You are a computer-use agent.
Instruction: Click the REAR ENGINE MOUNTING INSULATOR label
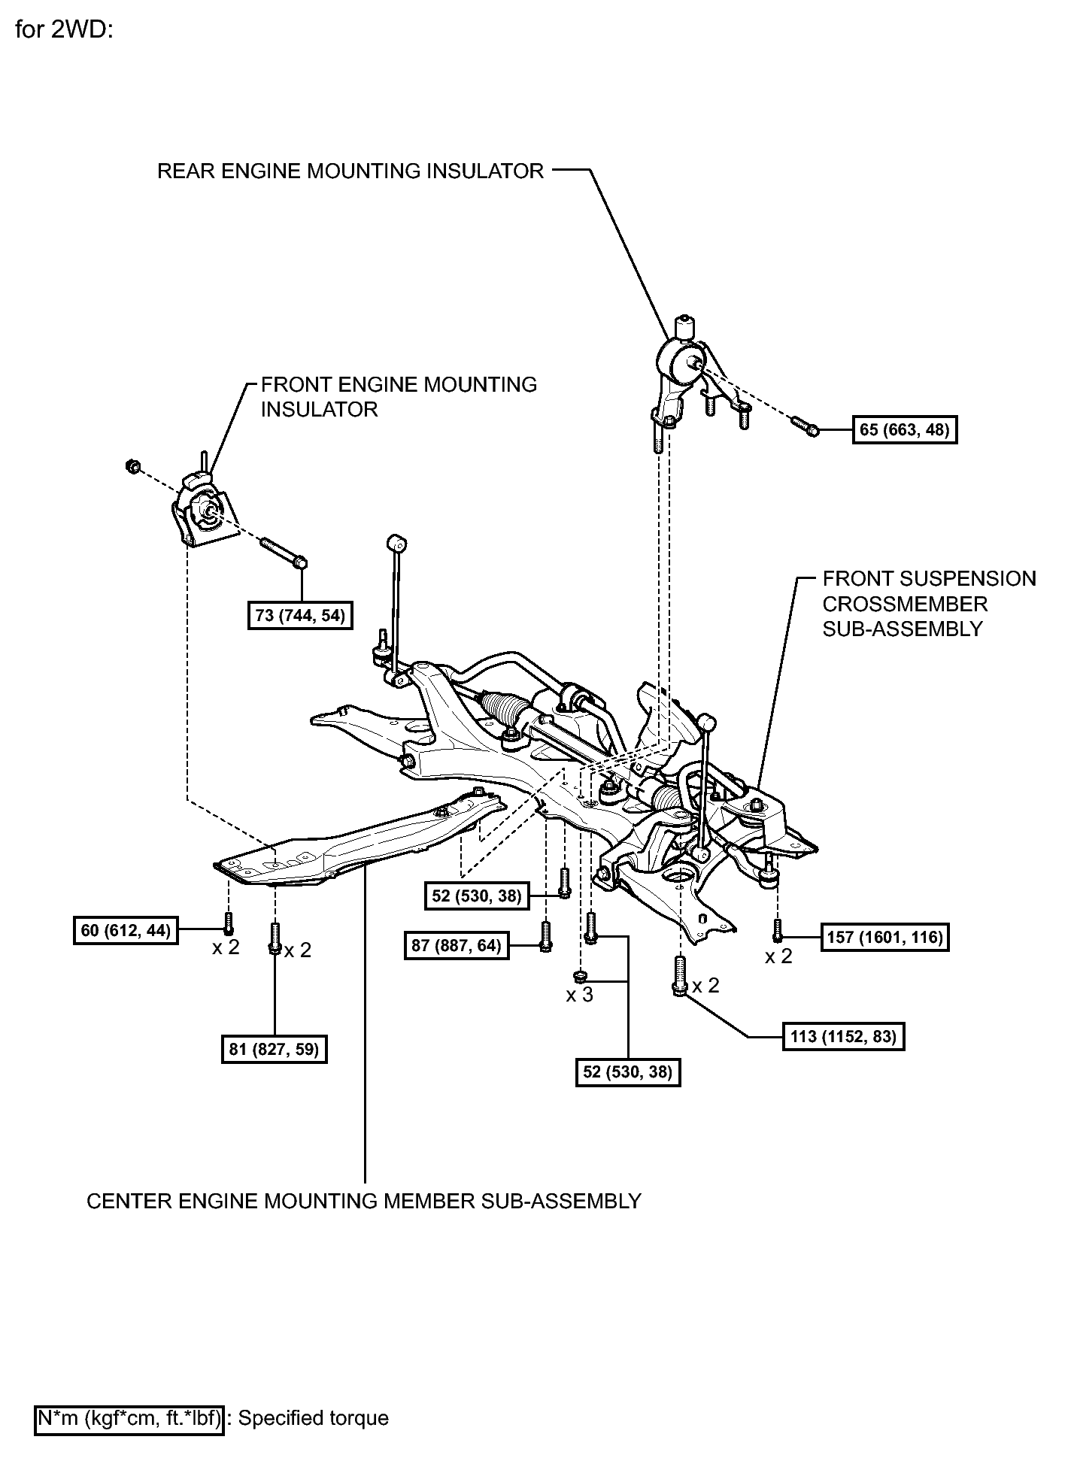point(350,171)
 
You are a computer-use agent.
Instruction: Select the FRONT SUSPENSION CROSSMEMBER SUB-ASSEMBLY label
point(928,604)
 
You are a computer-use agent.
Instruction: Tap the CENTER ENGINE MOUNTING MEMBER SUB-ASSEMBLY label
point(364,1201)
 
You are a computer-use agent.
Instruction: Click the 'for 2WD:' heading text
point(63,32)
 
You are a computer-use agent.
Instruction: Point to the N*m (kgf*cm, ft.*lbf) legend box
point(129,1419)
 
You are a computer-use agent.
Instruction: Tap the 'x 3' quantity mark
point(579,995)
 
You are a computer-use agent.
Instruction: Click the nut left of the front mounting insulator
point(132,466)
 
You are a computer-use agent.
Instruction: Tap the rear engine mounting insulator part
point(681,368)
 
